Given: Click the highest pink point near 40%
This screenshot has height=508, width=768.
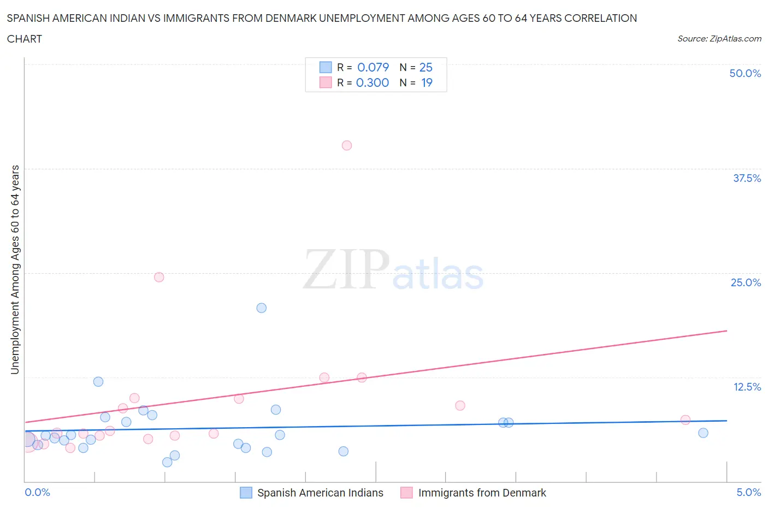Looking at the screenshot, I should pos(347,145).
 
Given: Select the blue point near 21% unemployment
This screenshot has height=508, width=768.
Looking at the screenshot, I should pos(262,308).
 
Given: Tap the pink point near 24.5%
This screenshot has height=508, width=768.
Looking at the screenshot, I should pos(159,277).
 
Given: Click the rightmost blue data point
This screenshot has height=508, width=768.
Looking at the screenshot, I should pos(703,433).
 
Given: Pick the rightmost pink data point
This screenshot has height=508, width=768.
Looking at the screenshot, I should pos(686,420).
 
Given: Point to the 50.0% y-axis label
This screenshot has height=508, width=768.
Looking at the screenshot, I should pos(745,73).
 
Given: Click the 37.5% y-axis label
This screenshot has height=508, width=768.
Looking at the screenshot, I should pos(747,178).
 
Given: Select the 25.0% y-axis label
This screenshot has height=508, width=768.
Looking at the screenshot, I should pos(746,282).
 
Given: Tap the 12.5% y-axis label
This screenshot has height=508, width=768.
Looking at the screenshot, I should pos(747,387).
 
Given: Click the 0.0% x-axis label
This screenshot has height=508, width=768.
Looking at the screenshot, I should pos(37,493).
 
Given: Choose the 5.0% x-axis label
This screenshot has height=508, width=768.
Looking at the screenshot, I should pos(748,493).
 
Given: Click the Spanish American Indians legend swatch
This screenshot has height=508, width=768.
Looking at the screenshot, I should pos(246,493).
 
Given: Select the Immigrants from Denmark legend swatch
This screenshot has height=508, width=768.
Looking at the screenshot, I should pos(406,493).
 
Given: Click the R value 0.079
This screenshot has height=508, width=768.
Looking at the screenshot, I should pos(373,67).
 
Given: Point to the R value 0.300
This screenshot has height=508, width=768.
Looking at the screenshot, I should pos(373,82).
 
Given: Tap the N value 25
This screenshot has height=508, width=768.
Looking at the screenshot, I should pos(426,67).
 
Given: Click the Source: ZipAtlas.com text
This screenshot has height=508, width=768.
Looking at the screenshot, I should pos(719,39).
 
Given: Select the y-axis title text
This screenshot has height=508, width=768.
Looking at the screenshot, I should pos(15,270).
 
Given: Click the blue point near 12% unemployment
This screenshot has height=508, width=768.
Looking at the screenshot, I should pos(98,382).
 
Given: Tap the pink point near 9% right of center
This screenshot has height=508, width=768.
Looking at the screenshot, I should pos(460,405).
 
